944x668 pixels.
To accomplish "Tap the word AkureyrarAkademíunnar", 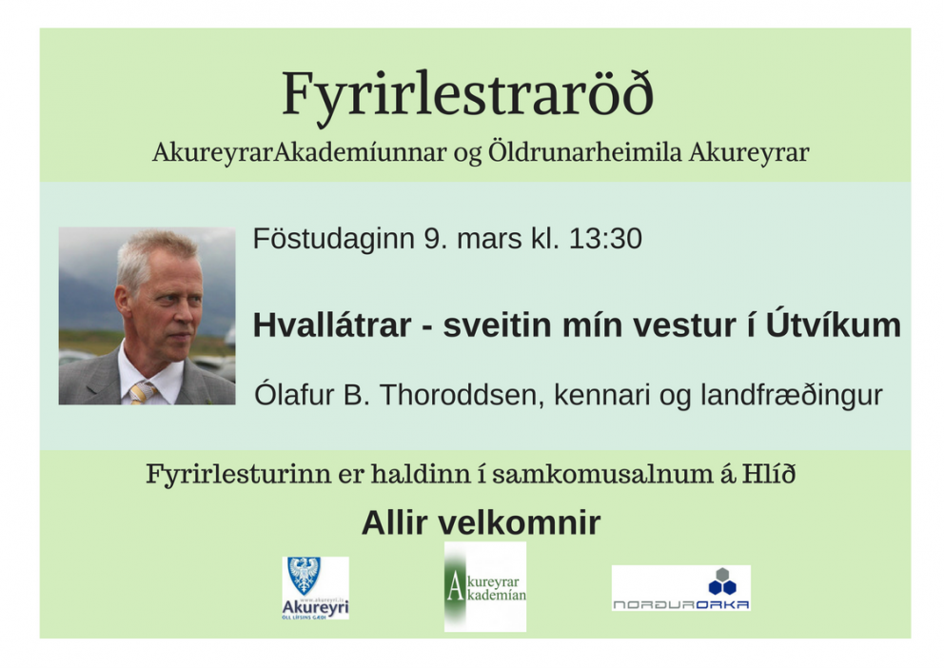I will [x=299, y=152].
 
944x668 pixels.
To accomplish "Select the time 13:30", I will [x=604, y=239].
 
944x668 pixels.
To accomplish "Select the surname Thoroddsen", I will [x=449, y=395].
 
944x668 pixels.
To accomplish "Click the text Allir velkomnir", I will [x=481, y=522].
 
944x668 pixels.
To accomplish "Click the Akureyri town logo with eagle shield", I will [x=315, y=588].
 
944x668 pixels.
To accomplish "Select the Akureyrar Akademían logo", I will [x=485, y=586].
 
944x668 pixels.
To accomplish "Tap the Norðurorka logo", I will [x=680, y=588].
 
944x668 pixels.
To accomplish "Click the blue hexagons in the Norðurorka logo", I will [x=721, y=580].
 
